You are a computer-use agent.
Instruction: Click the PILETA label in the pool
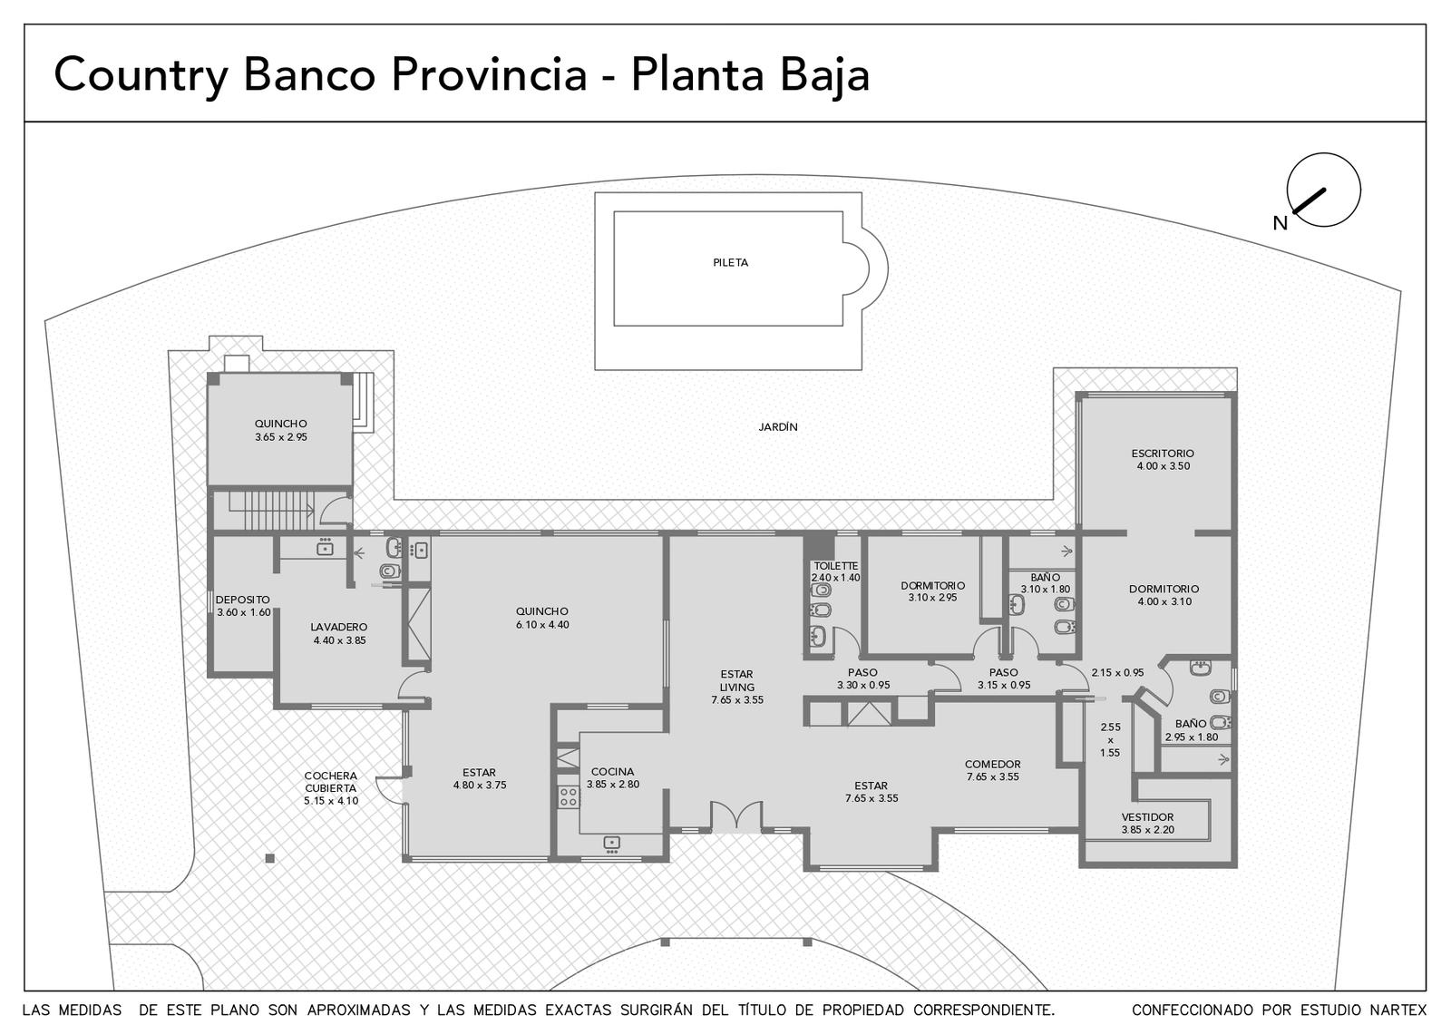730,262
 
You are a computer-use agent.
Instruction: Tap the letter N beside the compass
1280,223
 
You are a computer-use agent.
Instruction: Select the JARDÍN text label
777,427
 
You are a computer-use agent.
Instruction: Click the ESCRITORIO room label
1163,454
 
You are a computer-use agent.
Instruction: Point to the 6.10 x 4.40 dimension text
542,625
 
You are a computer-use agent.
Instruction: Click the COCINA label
612,772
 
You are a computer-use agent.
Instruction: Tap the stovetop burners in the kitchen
568,796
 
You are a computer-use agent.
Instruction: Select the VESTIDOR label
1147,817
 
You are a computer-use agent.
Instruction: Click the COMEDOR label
992,765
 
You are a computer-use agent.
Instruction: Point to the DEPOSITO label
242,600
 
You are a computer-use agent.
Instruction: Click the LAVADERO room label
339,627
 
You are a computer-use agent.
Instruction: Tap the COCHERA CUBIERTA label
330,782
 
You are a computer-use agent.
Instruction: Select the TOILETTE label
835,566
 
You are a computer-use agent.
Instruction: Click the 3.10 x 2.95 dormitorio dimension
932,598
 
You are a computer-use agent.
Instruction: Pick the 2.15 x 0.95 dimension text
1116,672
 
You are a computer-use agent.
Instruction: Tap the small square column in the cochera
269,859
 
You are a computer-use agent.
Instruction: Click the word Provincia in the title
489,74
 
